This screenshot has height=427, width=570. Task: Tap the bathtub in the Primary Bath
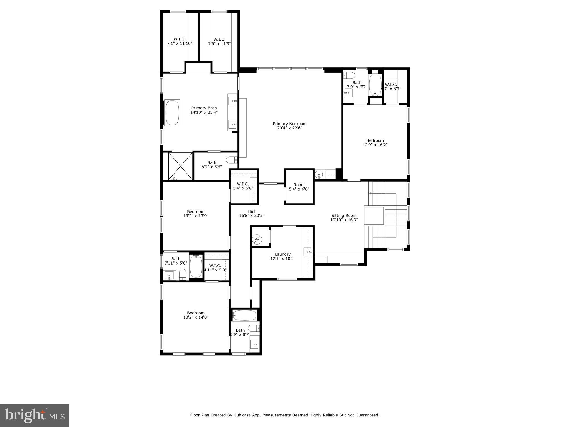pyautogui.click(x=172, y=113)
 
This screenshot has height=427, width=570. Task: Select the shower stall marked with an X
pyautogui.click(x=181, y=166)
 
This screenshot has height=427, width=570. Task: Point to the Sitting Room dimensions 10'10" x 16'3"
pyautogui.click(x=344, y=220)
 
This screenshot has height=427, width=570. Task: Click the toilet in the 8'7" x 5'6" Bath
pyautogui.click(x=231, y=160)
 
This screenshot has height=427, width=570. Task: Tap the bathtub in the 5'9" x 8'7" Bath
pyautogui.click(x=245, y=315)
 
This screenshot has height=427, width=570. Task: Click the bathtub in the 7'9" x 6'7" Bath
pyautogui.click(x=375, y=85)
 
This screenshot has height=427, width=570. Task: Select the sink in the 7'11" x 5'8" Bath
pyautogui.click(x=169, y=276)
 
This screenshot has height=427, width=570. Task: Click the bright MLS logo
pyautogui.click(x=35, y=416)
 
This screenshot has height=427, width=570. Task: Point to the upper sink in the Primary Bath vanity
pyautogui.click(x=232, y=101)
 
